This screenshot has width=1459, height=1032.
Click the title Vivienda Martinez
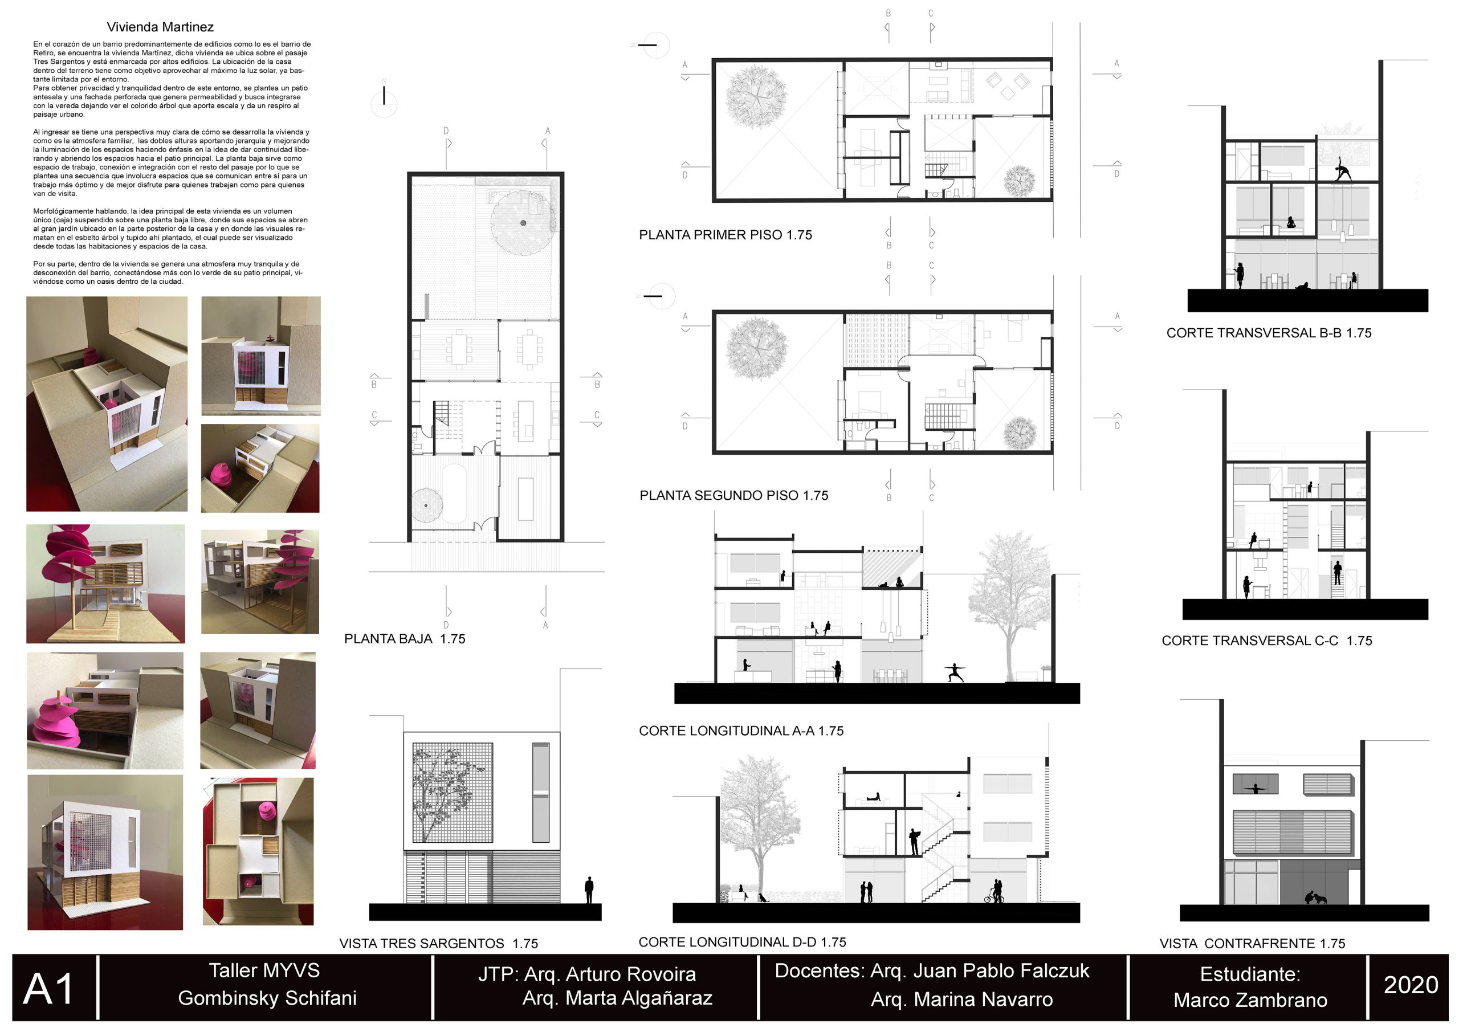pos(160,27)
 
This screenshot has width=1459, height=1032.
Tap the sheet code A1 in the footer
pos(49,989)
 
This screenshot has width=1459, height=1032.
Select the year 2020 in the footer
pos(1411,984)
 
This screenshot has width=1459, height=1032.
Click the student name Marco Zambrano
pos(1250,1000)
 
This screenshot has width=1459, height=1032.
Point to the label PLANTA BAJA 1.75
pos(405,639)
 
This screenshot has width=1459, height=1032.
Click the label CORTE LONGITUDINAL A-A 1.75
pos(741,731)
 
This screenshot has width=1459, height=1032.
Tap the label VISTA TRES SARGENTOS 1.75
pos(438,944)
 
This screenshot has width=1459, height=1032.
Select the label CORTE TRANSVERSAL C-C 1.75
pos(1266,641)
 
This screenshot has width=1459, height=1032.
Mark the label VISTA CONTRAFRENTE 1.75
pos(1252,944)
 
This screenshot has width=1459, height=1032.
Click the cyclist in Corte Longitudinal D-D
pos(995,892)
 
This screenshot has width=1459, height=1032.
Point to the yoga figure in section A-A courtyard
pos(954,672)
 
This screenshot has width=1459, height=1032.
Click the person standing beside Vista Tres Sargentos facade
pos(589,890)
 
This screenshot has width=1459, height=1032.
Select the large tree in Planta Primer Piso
pos(756,97)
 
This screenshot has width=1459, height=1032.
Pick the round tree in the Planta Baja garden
pos(523,223)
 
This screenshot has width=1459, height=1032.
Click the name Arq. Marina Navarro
pos(961,1000)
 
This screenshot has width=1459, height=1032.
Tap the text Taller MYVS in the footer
pos(264,970)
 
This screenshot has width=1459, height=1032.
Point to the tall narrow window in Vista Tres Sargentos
pos(541,793)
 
